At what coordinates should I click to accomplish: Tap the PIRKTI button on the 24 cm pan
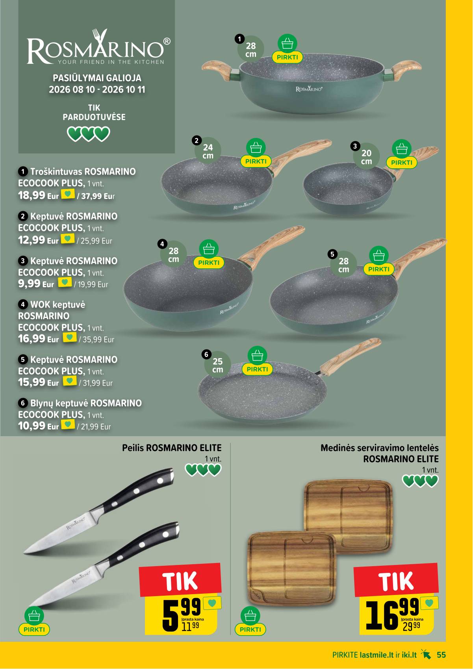256,161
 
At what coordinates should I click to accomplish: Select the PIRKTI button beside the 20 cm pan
402,162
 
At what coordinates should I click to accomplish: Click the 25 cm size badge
217,365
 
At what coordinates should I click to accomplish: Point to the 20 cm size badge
366,157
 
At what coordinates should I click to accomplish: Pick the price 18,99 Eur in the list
39,196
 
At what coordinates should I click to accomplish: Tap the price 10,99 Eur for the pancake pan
39,426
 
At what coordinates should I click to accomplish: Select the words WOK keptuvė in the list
58,305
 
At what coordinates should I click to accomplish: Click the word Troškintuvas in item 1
56,172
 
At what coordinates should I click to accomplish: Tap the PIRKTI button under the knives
34,629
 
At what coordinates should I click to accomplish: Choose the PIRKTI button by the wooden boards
250,629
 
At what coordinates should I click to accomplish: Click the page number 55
441,655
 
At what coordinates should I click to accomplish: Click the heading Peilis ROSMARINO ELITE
172,448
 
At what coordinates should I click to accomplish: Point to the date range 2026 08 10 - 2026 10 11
97,89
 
